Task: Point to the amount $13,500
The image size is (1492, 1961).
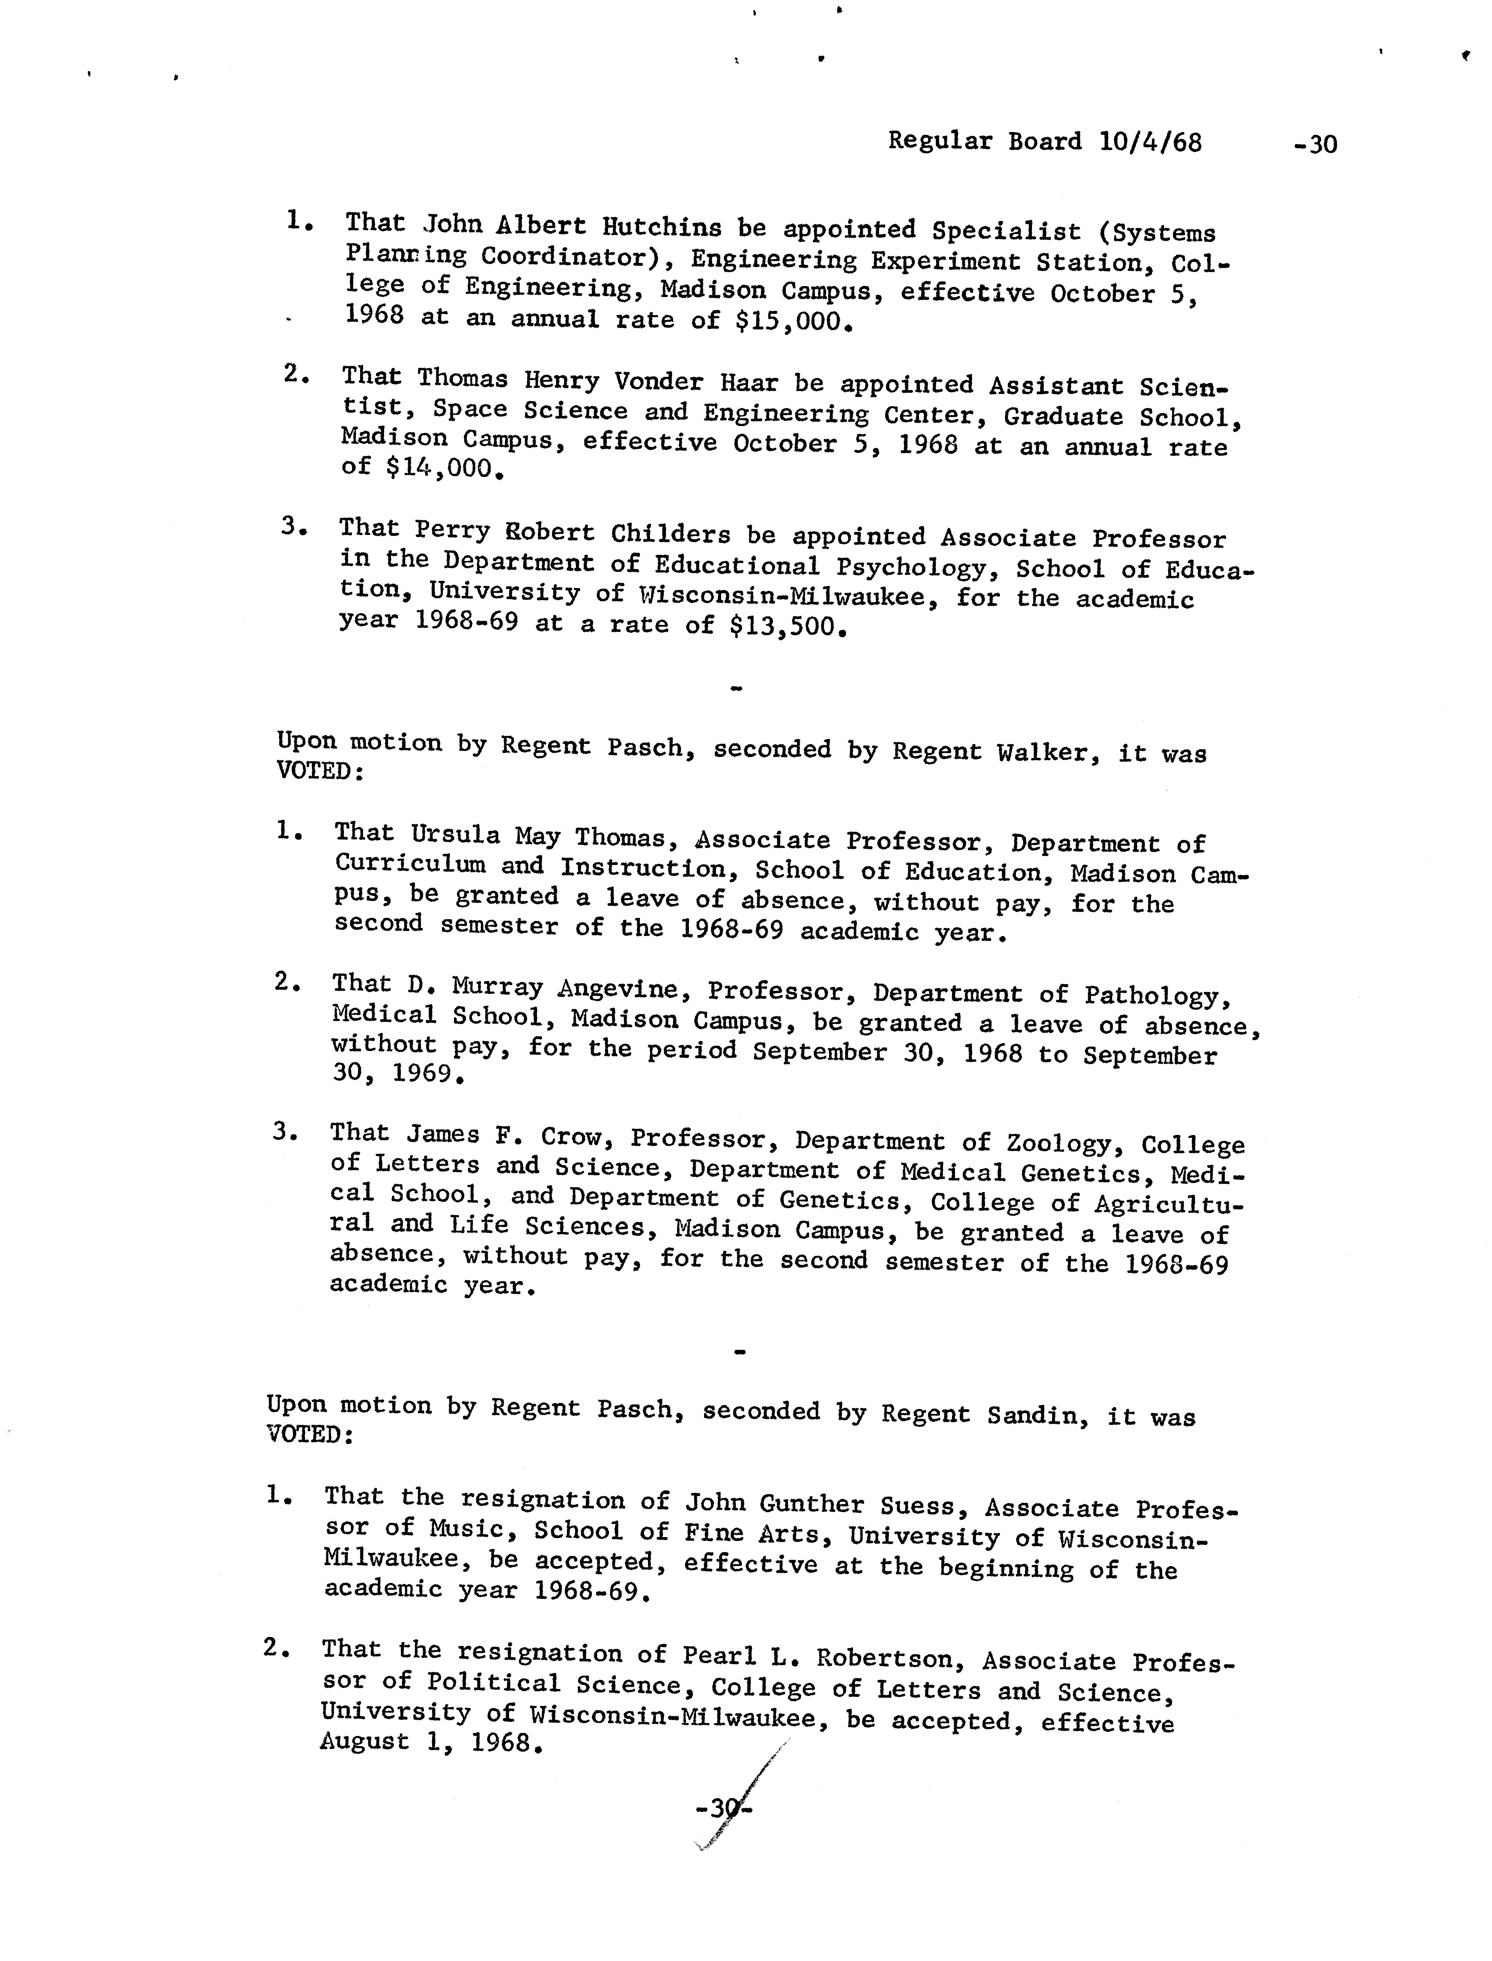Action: click(781, 626)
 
